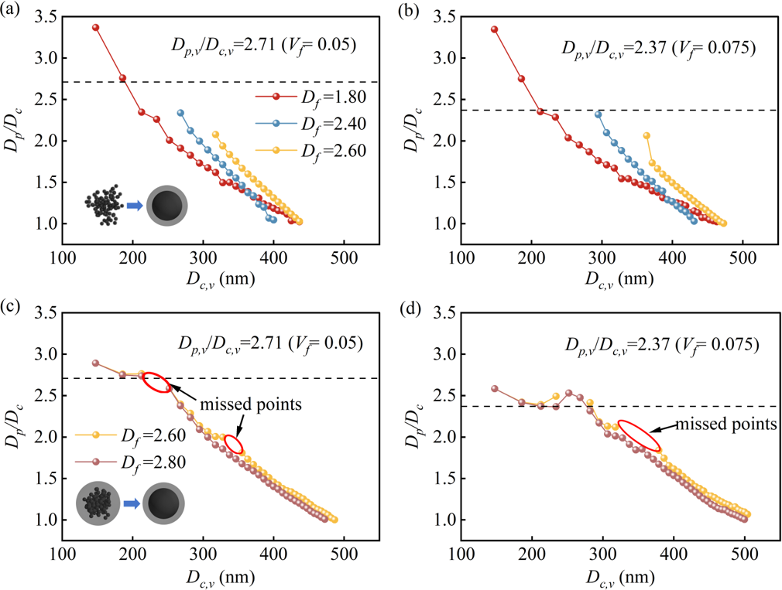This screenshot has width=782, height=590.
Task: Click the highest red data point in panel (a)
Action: tap(96, 27)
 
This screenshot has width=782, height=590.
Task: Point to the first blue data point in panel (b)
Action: tap(599, 114)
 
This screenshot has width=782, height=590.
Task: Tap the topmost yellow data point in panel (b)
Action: tap(647, 135)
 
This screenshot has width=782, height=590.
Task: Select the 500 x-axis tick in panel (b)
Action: tap(743, 253)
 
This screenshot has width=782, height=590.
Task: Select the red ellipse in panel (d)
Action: tap(640, 435)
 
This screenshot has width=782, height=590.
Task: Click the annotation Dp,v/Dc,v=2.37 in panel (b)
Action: tap(657, 47)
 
